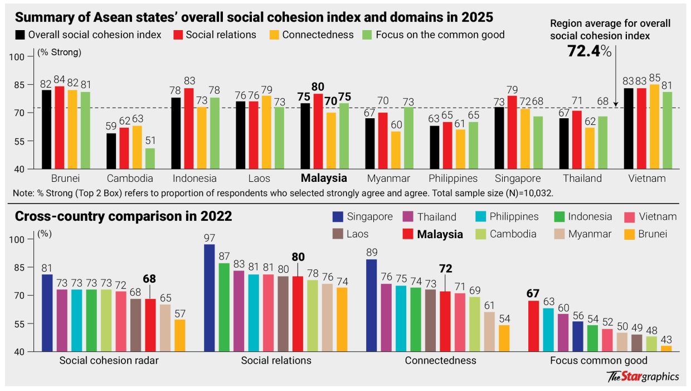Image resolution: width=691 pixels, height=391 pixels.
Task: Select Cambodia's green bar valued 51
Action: click(x=150, y=158)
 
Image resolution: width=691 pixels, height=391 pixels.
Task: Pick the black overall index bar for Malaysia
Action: click(x=305, y=136)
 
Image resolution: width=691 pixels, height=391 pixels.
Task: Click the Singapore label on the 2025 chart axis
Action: click(x=518, y=179)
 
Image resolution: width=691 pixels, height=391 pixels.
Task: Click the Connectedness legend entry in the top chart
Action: click(x=318, y=35)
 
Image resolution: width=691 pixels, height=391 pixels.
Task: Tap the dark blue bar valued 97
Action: click(x=210, y=298)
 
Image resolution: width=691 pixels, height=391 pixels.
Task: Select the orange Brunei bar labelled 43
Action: click(x=666, y=349)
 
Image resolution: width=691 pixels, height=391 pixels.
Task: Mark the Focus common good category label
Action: click(x=598, y=360)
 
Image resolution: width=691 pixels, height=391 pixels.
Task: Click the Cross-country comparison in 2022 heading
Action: click(x=123, y=216)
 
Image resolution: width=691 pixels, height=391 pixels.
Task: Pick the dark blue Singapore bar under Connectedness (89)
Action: click(x=372, y=305)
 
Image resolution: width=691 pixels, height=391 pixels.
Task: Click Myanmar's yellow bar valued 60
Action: click(x=396, y=150)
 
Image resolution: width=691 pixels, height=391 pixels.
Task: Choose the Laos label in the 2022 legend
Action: click(x=357, y=234)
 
